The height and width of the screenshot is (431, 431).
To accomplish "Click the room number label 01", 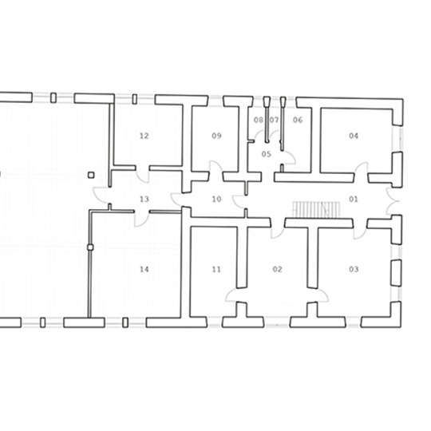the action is point(354,199).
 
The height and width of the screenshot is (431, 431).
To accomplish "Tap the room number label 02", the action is point(277,269).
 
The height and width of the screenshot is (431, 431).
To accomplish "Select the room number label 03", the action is point(354,269).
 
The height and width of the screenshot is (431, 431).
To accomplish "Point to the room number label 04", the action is point(354,136).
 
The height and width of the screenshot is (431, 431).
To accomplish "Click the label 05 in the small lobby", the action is point(266,154).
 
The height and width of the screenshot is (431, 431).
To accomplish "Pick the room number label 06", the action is point(298,120).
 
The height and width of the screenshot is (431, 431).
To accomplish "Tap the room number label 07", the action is point(274,120).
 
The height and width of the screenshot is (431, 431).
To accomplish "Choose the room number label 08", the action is point(259,120).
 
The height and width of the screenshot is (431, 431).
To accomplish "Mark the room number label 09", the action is point(216,136).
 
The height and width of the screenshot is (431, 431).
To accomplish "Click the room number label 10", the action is point(216,199).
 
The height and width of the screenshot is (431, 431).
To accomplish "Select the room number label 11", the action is point(216,269).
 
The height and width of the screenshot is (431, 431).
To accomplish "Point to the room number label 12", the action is point(144,136).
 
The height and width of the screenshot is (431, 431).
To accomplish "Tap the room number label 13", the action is point(144,199).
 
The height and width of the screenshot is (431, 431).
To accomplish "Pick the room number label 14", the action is point(144,269).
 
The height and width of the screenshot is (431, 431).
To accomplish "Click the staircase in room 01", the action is point(316,210).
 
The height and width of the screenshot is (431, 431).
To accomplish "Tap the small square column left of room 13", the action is point(91,175).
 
